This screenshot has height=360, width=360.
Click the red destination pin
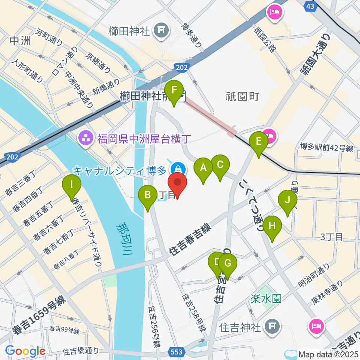point(177,184)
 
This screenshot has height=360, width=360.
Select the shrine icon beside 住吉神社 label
point(271,327)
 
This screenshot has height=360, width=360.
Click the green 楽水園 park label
point(266,298)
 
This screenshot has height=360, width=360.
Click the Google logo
point(25,351)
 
